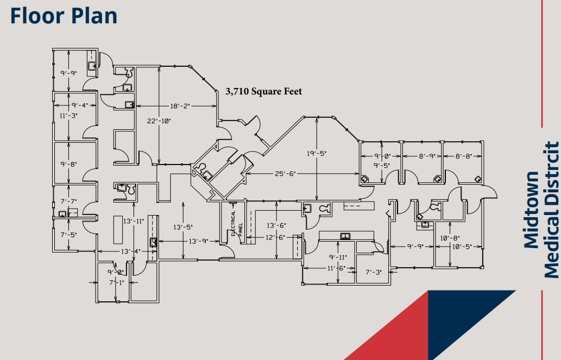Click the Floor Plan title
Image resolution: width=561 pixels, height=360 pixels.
(64, 16)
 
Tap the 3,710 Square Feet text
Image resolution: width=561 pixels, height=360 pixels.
(264, 92)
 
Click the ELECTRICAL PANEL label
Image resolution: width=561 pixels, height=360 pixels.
(236, 224)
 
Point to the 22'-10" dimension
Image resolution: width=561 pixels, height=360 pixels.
(159, 121)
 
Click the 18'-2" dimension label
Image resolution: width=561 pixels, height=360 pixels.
(180, 106)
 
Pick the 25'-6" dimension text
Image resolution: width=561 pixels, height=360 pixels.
(285, 174)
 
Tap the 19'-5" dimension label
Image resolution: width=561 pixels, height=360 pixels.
(317, 154)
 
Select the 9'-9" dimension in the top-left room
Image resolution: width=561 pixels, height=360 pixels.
(68, 73)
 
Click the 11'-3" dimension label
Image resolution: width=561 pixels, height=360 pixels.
(68, 116)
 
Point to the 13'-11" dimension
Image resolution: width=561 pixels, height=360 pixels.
(134, 221)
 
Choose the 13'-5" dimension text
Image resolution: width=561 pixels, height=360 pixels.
(183, 227)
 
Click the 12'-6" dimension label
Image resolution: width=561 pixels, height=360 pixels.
(275, 237)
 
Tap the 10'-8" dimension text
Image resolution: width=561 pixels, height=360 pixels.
(450, 238)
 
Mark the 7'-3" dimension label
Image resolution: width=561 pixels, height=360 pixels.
(374, 273)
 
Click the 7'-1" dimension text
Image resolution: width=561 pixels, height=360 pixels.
(116, 283)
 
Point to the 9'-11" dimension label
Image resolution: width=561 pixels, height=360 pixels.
(338, 257)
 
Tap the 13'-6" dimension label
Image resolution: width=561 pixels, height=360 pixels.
(276, 225)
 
